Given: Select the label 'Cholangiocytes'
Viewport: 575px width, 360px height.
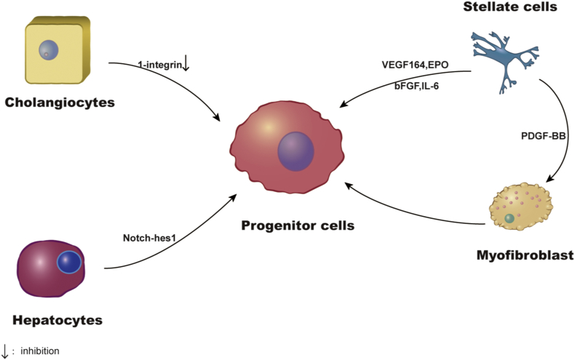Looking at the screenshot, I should click(60, 102).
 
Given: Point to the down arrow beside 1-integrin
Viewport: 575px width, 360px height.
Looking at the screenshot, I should click(186, 65).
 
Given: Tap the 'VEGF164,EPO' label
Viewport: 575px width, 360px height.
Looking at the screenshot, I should click(415, 65).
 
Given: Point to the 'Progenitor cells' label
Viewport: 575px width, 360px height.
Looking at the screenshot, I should click(298, 225).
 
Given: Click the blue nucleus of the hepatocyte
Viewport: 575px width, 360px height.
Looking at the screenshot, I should click(68, 263).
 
